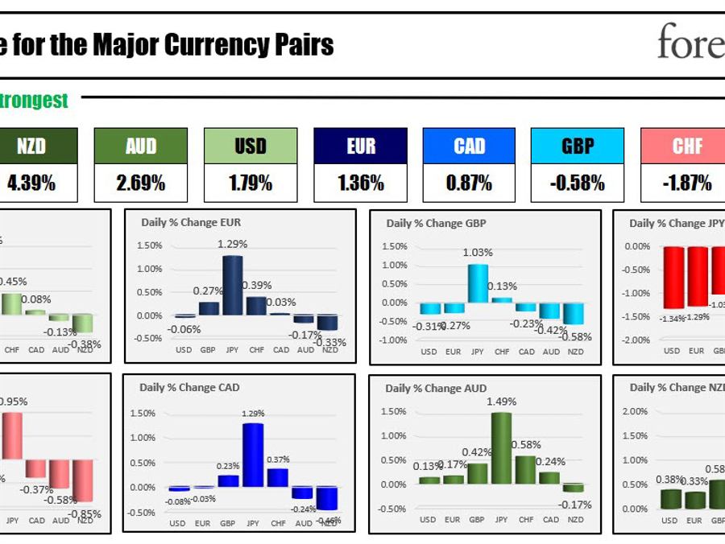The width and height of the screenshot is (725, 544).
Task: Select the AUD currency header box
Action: point(141,146)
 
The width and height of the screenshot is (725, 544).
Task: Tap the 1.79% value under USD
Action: point(251,183)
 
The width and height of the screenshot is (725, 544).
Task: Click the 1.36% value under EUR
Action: point(361,183)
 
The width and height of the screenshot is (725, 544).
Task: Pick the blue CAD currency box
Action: point(470,146)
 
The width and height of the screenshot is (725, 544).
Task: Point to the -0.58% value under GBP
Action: point(578,183)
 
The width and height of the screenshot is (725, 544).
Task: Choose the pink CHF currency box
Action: point(687,146)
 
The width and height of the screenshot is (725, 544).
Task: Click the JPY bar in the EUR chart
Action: point(233,285)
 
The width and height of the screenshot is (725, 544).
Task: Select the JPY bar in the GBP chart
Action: point(478,283)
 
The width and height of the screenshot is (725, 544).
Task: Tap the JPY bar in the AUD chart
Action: point(501,447)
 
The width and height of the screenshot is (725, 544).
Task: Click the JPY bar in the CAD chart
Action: point(253,455)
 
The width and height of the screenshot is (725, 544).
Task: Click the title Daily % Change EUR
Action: point(191,223)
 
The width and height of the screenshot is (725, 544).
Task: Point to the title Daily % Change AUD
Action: point(436,388)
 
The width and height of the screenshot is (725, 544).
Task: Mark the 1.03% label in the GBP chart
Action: point(478,253)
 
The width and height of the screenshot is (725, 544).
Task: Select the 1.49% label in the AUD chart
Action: point(501,402)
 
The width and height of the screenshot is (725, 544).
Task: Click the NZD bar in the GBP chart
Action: point(574,313)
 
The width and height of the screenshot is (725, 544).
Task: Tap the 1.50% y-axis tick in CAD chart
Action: point(143,413)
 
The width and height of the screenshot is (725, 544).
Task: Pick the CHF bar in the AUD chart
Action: point(525,469)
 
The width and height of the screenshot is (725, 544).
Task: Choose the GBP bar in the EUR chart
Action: point(209,308)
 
